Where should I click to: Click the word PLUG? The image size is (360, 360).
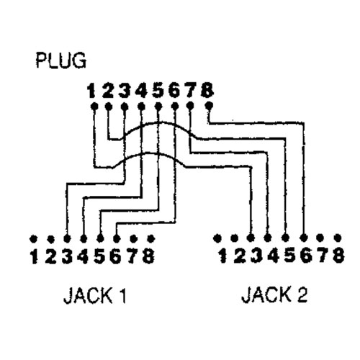61,60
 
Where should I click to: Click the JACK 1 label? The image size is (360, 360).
95,295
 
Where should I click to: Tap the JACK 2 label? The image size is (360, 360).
274,294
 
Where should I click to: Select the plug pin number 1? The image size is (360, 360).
91,91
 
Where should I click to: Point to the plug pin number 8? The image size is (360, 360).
207,90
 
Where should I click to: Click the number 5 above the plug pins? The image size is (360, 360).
158,91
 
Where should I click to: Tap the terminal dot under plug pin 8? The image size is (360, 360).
210,105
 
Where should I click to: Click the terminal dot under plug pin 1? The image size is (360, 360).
94,106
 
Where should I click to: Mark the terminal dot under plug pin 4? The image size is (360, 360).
142,106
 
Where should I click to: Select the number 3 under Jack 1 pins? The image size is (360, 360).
67,256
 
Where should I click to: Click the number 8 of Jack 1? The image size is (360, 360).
148,256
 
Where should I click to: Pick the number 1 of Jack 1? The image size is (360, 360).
35,256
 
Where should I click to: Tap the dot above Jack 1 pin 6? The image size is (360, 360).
117,239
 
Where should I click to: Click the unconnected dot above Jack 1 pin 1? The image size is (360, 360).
33,239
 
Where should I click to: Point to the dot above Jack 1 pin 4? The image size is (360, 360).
84,239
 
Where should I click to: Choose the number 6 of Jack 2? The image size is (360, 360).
306,256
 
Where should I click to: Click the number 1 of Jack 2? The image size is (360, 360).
223,256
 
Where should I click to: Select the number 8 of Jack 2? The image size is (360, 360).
338,256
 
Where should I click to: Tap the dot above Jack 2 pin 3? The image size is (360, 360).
251,238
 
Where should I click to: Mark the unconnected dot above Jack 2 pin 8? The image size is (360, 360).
338,238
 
